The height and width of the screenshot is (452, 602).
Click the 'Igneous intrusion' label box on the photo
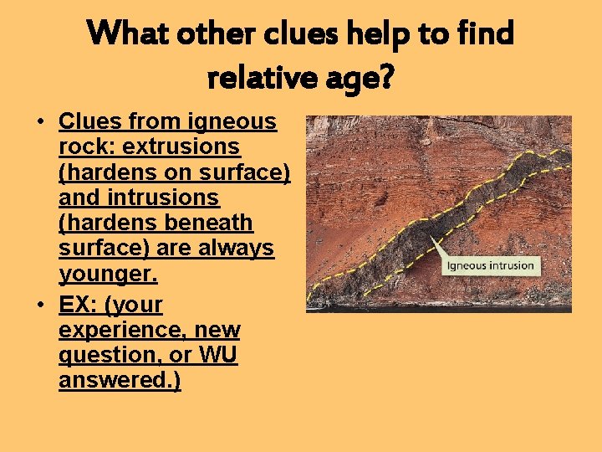(490, 266)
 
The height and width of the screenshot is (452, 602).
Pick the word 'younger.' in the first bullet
(108, 275)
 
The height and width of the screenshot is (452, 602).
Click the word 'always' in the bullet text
(235, 249)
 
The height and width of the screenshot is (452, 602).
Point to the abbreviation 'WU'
(217, 355)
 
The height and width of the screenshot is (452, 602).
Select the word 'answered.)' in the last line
(120, 381)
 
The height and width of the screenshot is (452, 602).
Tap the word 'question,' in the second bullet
(107, 355)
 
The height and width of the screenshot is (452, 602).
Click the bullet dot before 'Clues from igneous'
(40, 122)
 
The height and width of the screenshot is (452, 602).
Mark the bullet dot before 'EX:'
(40, 304)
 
